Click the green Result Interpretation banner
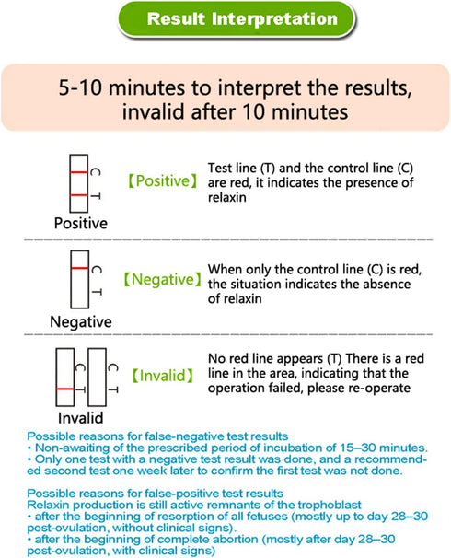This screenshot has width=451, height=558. tap(237, 19)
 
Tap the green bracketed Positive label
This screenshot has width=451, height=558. tap(163, 180)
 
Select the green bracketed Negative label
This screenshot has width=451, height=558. tap(163, 279)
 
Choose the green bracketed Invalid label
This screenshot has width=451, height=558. tap(163, 376)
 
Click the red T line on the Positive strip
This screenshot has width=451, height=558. tap(78, 195)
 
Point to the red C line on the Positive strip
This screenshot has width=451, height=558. tap(78, 172)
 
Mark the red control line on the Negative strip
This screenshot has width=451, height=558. tap(80, 268)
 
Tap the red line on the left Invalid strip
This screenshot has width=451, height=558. tap(65, 389)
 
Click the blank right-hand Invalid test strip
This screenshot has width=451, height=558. tap(97, 378)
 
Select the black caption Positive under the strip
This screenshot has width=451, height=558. tap(81, 224)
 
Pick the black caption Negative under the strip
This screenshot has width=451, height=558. tap(81, 321)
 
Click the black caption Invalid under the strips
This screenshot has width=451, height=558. tap(81, 418)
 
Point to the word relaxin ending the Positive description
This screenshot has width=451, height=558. tap(227, 197)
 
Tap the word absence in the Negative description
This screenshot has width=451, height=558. tap(388, 284)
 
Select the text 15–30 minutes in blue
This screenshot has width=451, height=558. tap(384, 448)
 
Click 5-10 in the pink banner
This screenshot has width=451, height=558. tap(80, 87)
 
